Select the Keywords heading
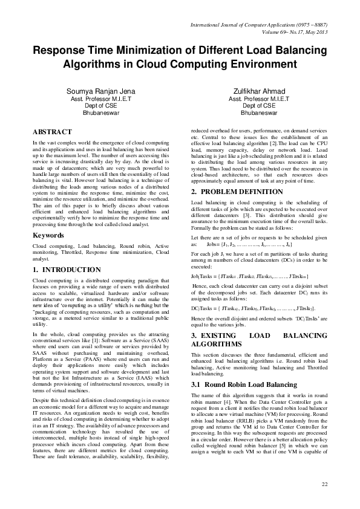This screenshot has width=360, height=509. [x=49, y=234]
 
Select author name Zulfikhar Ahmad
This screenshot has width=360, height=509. [x=258, y=90]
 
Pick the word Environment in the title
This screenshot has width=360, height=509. [x=263, y=64]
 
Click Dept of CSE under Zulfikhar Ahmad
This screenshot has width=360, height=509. [x=258, y=105]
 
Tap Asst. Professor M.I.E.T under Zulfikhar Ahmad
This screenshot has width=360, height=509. [x=258, y=98]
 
